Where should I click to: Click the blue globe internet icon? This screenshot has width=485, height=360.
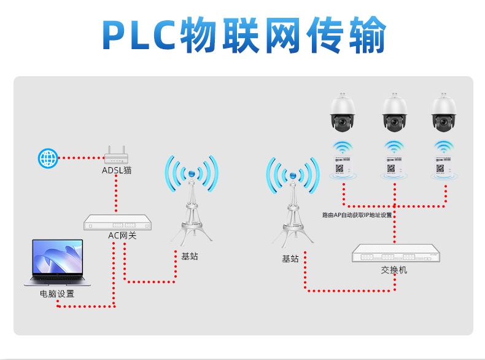pos(48,158)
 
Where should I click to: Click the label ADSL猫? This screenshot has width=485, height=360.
pos(117,170)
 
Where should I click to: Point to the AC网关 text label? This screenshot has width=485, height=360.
pos(122,236)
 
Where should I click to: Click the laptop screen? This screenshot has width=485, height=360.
pos(57,257)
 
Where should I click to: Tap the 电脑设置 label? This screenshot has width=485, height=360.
pos(57,294)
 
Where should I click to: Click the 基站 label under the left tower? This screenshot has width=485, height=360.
pos(190,256)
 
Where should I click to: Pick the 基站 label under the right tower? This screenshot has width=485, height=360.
pos(290,259)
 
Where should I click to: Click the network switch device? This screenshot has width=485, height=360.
pos(396,254)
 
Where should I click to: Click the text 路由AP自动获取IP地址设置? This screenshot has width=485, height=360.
pos(357,215)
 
